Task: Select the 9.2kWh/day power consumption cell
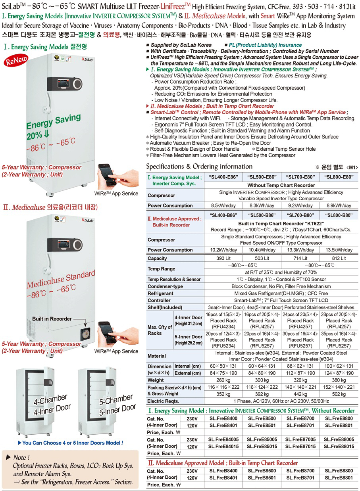[x=300, y=205]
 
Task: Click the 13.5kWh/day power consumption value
[x=339, y=250]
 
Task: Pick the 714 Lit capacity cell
[x=300, y=258]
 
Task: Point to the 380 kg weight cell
[x=339, y=380]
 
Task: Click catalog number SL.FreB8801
[x=339, y=478]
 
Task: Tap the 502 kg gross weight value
[x=339, y=394]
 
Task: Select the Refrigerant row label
[x=160, y=293]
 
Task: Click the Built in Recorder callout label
[x=52, y=319]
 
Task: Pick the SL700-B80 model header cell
[x=300, y=215]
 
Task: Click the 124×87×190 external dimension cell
[x=339, y=373]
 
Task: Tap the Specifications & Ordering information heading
[x=199, y=167]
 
